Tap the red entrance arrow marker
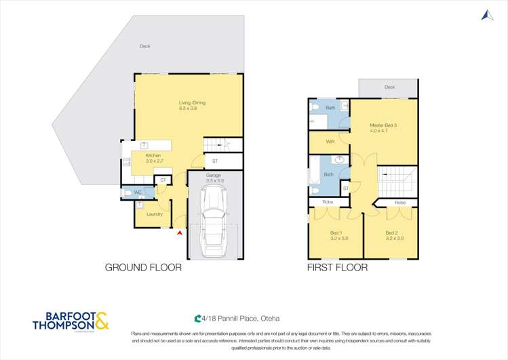point(179,233)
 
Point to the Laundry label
point(155,214)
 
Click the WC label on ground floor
point(138,192)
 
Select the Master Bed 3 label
point(383,128)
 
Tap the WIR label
point(330,142)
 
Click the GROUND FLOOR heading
point(143,268)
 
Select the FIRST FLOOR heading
point(337,268)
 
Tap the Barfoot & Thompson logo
point(70,321)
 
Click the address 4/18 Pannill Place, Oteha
point(237,318)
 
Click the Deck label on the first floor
point(389,87)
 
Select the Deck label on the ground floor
point(144,46)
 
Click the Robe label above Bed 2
point(400,203)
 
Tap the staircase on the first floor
point(394,182)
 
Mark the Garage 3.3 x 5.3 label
point(214,178)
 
